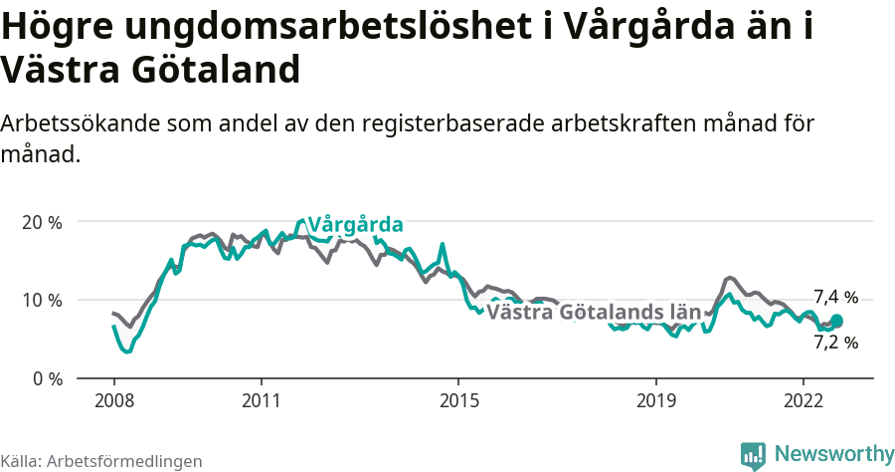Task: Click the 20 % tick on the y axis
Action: (42, 222)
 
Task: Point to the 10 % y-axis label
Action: (42, 300)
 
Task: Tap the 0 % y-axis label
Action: (46, 378)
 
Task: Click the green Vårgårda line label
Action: (355, 224)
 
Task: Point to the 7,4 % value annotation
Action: (835, 297)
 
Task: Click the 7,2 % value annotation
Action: (835, 343)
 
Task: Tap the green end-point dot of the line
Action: (836, 321)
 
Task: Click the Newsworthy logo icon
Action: (753, 455)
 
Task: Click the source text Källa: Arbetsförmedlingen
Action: (101, 461)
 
